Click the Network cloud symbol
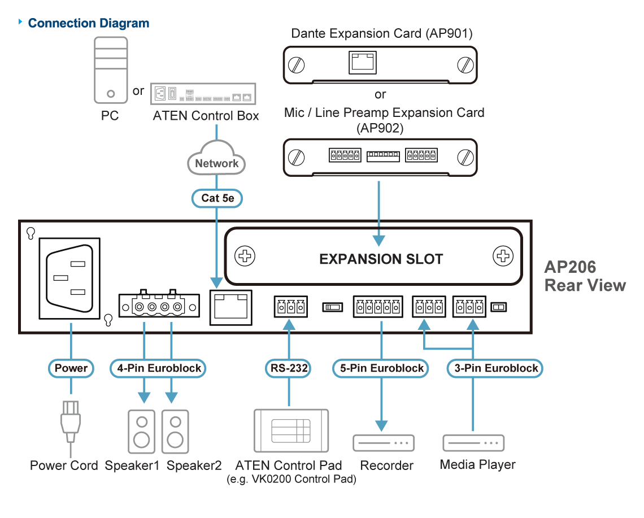(216, 163)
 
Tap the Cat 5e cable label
(217, 198)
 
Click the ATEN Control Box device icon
(204, 94)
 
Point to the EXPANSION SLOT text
(381, 259)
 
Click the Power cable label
(71, 368)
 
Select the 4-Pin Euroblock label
(159, 368)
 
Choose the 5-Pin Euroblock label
(381, 368)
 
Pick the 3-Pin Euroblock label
(495, 368)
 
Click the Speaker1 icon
(141, 431)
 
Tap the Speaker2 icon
(176, 431)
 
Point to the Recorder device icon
(384, 443)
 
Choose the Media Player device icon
(473, 443)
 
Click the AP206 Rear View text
(585, 276)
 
